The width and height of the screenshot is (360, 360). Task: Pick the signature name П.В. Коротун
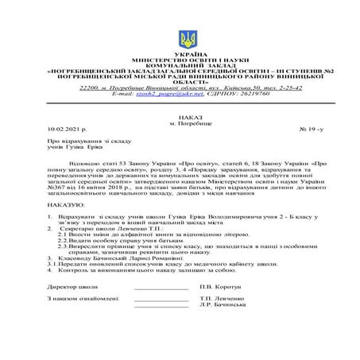220,285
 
